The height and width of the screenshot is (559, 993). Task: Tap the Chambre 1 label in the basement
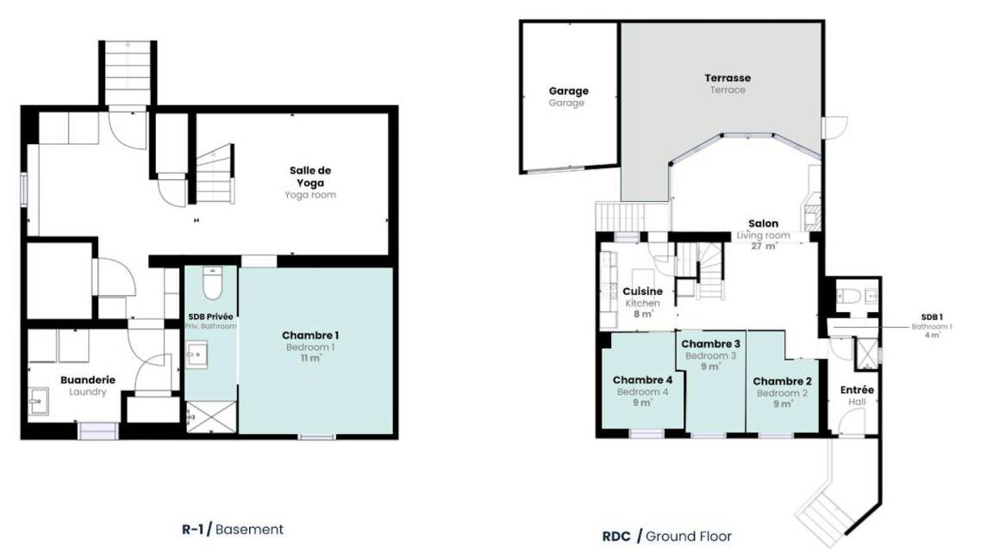[x=310, y=336]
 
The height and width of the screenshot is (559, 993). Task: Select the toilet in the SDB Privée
[x=212, y=283]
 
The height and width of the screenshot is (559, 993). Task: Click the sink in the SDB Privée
[x=197, y=355]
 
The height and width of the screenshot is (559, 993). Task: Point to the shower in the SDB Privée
[x=211, y=417]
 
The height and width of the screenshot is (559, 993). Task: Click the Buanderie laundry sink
[x=38, y=401]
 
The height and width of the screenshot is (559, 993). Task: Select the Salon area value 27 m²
[x=764, y=246]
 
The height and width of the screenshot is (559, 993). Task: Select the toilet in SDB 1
[x=847, y=296]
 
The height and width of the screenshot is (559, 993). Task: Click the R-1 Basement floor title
[x=233, y=529]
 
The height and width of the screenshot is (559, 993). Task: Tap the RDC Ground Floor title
[x=667, y=537]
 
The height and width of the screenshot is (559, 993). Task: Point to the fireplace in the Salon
[x=811, y=210]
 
